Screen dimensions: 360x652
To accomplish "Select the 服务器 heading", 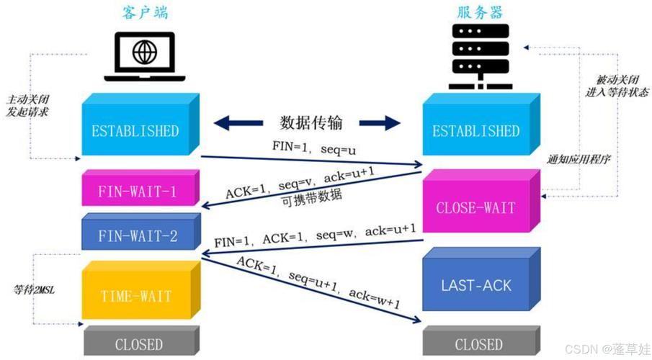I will click(480, 12).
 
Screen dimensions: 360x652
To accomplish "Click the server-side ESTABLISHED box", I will click(475, 131).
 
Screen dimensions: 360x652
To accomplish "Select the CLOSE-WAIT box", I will click(475, 207).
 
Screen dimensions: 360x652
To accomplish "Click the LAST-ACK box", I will click(475, 285).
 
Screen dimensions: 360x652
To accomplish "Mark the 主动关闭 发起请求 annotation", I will click(27, 105).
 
